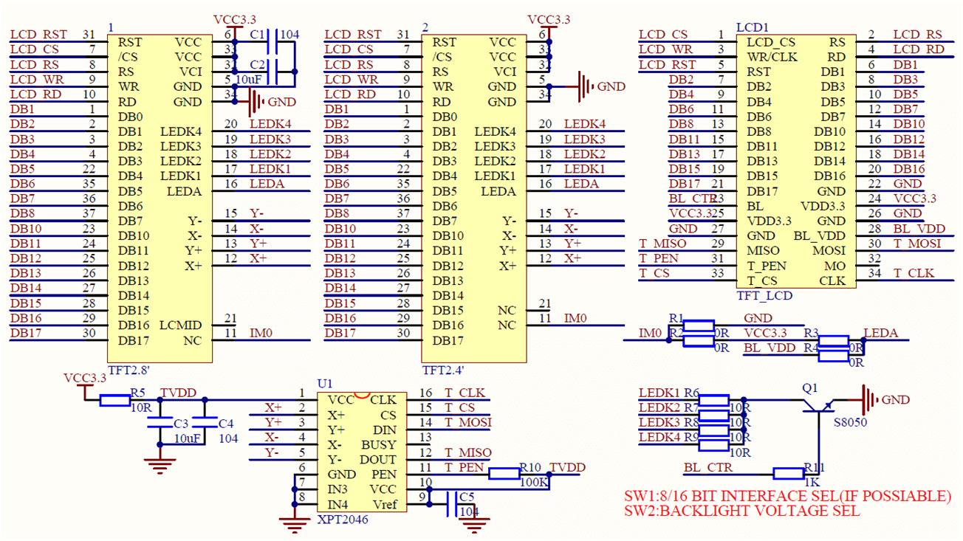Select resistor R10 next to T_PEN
tap(504, 474)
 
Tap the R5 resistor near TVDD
tap(114, 400)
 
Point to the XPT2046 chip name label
tap(342, 520)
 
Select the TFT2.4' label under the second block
tap(444, 370)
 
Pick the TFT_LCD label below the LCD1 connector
tap(764, 295)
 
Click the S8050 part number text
tap(849, 423)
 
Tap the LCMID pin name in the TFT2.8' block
tap(180, 325)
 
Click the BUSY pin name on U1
tap(378, 445)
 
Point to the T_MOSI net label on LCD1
tap(917, 244)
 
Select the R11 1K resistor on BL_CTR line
tap(788, 474)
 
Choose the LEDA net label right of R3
tap(880, 333)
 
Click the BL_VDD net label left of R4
tap(770, 348)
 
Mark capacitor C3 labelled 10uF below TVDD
tap(159, 423)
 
